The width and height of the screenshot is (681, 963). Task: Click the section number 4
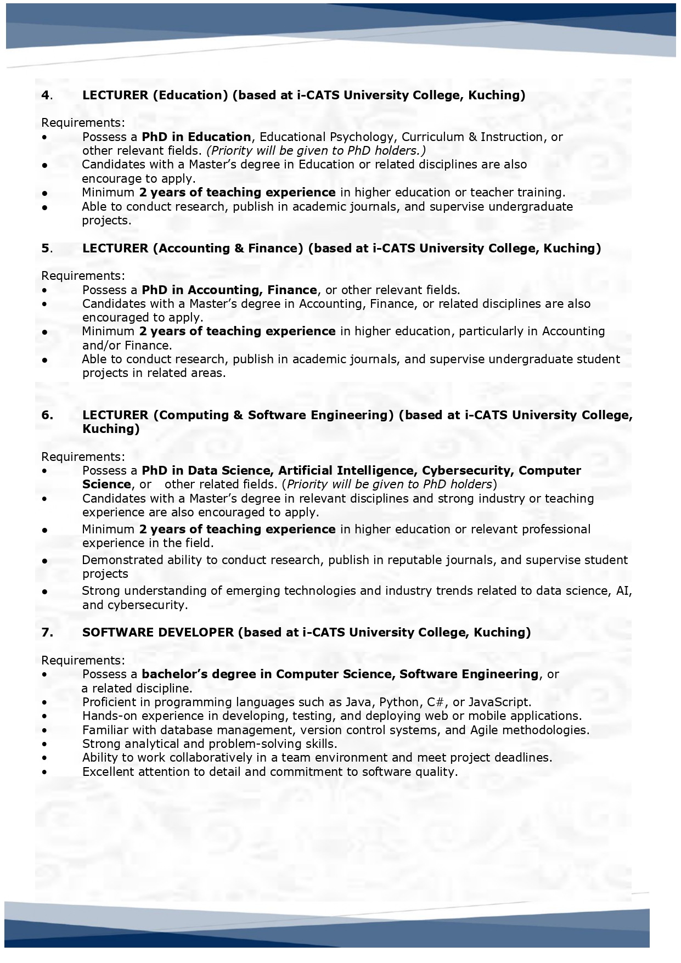tap(46, 95)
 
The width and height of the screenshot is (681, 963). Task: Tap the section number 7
tap(47, 633)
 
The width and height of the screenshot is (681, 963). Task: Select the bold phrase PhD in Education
tap(196, 137)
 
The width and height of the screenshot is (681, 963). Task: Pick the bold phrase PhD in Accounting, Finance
tap(229, 290)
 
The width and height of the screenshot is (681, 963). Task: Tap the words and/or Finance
tap(127, 346)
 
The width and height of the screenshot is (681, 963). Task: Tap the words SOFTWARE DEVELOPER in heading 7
tap(158, 633)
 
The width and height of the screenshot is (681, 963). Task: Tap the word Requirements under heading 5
tap(83, 276)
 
